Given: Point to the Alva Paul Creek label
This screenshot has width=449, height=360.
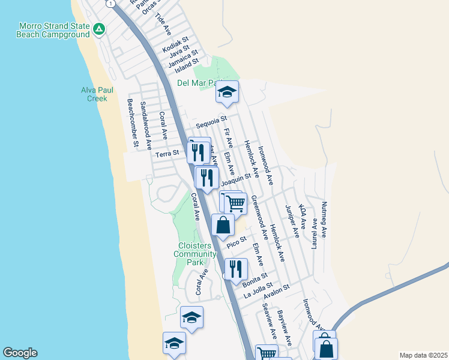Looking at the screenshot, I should tap(94, 94).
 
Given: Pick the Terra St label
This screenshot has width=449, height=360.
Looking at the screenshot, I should tap(167, 154).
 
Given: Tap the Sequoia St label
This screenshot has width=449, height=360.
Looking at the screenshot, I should tap(211, 122).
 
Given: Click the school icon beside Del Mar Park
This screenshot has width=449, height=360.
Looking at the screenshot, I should tap(228, 92).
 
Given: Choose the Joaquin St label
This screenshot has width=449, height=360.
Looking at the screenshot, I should tap(235, 179).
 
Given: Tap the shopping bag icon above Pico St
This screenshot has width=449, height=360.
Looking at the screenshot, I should tap(223, 226).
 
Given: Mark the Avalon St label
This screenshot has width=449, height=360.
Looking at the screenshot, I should tap(276, 289).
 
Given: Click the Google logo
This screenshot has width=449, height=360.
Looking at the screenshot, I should tap(20, 353).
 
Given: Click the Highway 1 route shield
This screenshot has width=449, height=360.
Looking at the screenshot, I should tap(110, 3).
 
